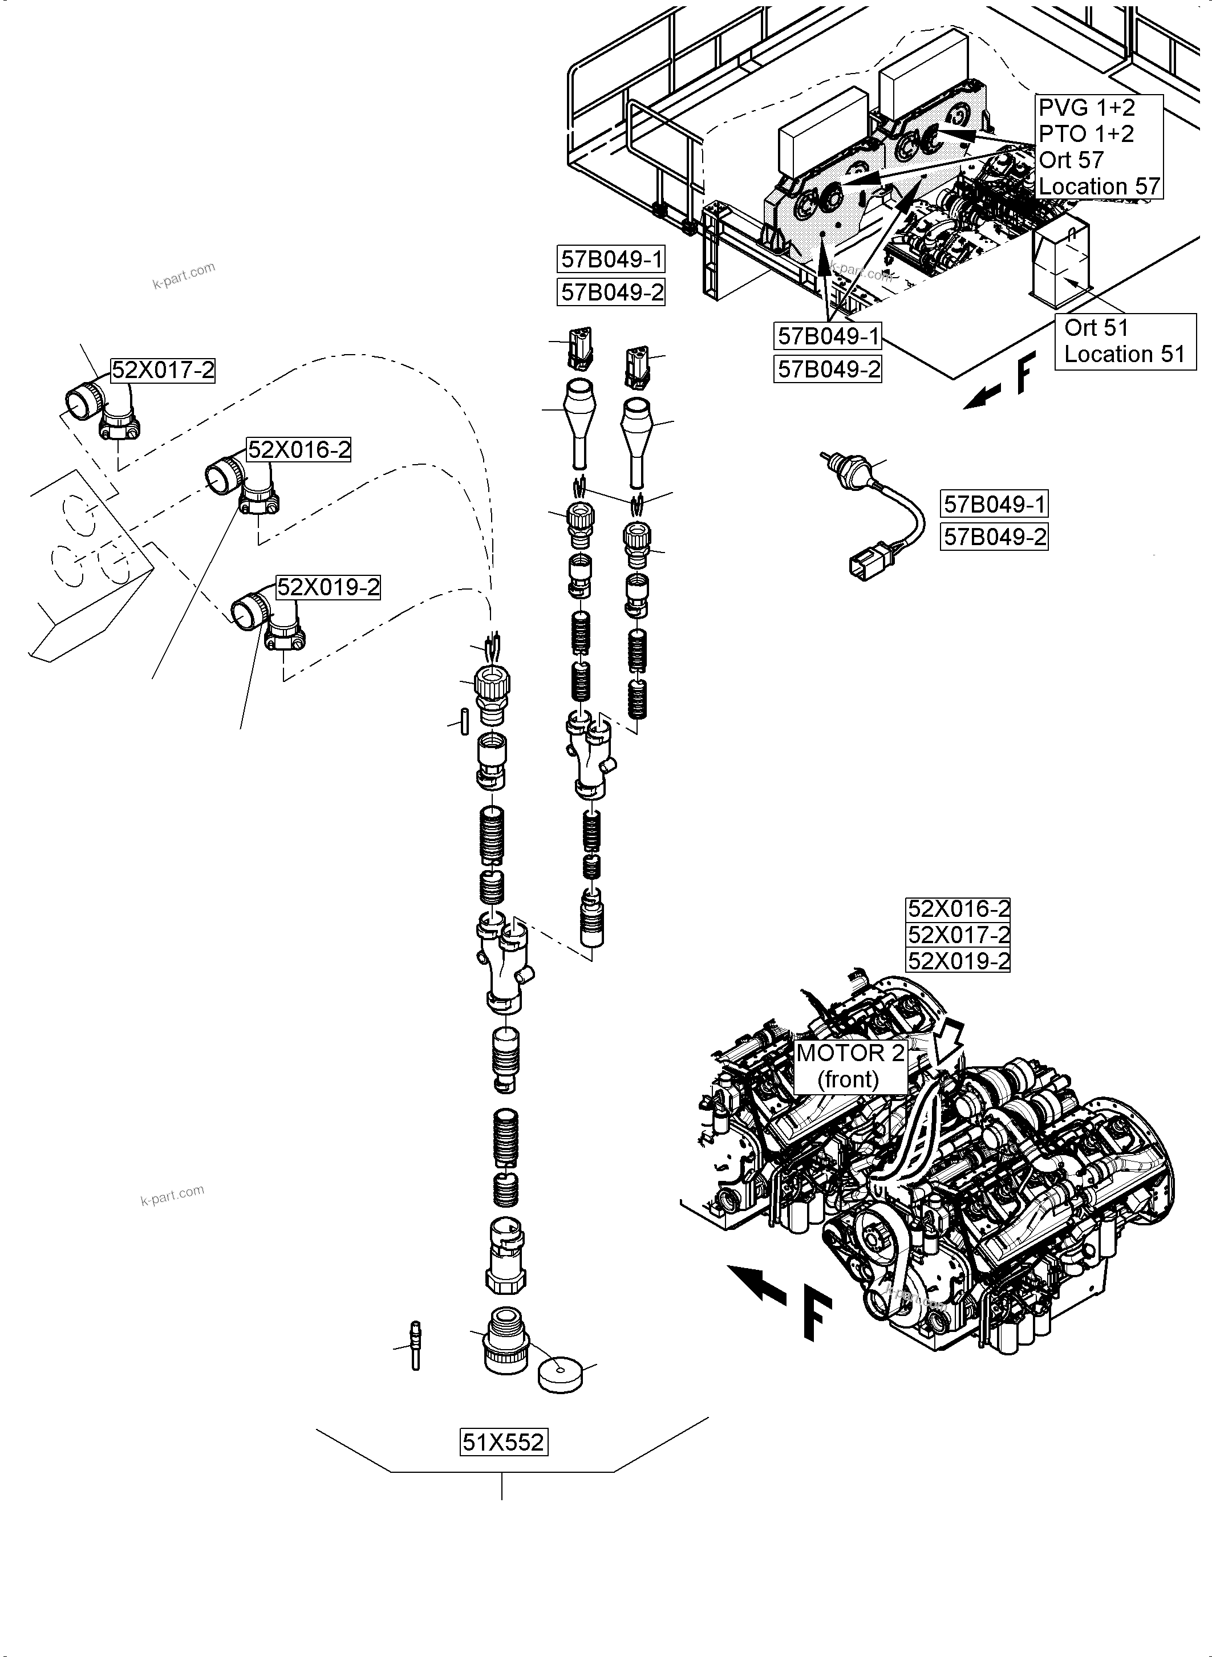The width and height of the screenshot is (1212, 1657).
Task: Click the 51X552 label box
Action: [x=503, y=1442]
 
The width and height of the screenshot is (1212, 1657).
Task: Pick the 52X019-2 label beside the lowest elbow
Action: [x=328, y=587]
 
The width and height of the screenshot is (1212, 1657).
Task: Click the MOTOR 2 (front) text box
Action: [x=850, y=1066]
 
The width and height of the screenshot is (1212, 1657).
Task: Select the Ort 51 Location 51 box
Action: [x=1124, y=341]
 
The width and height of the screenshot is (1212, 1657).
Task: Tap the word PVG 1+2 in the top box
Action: [x=1086, y=108]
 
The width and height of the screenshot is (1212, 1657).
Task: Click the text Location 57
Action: [x=1098, y=186]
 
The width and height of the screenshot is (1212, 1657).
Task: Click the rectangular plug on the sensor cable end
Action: [x=863, y=566]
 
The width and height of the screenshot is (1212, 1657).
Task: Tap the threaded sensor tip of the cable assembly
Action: [x=830, y=459]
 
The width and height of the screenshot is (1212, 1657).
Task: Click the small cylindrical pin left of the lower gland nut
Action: [x=464, y=720]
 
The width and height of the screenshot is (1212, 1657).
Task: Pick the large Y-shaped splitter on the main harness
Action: [x=506, y=960]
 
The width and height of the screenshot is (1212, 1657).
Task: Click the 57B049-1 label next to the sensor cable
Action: [x=994, y=504]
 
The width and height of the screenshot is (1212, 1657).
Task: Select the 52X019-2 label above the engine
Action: [x=958, y=961]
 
